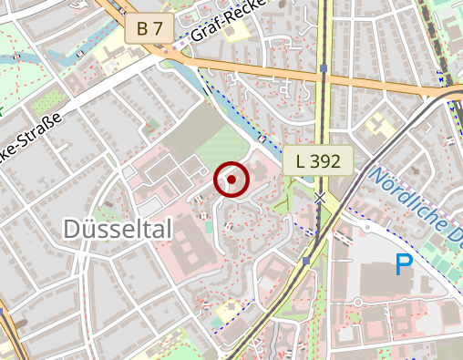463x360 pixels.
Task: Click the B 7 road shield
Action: (149, 28)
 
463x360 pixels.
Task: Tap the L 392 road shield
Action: (317, 162)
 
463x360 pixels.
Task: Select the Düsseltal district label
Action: (118, 230)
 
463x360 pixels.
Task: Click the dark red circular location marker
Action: (232, 180)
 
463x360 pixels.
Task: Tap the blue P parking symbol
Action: (403, 265)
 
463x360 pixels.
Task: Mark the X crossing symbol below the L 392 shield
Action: (320, 196)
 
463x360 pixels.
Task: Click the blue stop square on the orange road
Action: (324, 68)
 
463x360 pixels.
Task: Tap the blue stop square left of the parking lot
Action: (307, 261)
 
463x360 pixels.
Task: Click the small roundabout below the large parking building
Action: (358, 302)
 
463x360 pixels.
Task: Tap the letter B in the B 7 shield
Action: (141, 28)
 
